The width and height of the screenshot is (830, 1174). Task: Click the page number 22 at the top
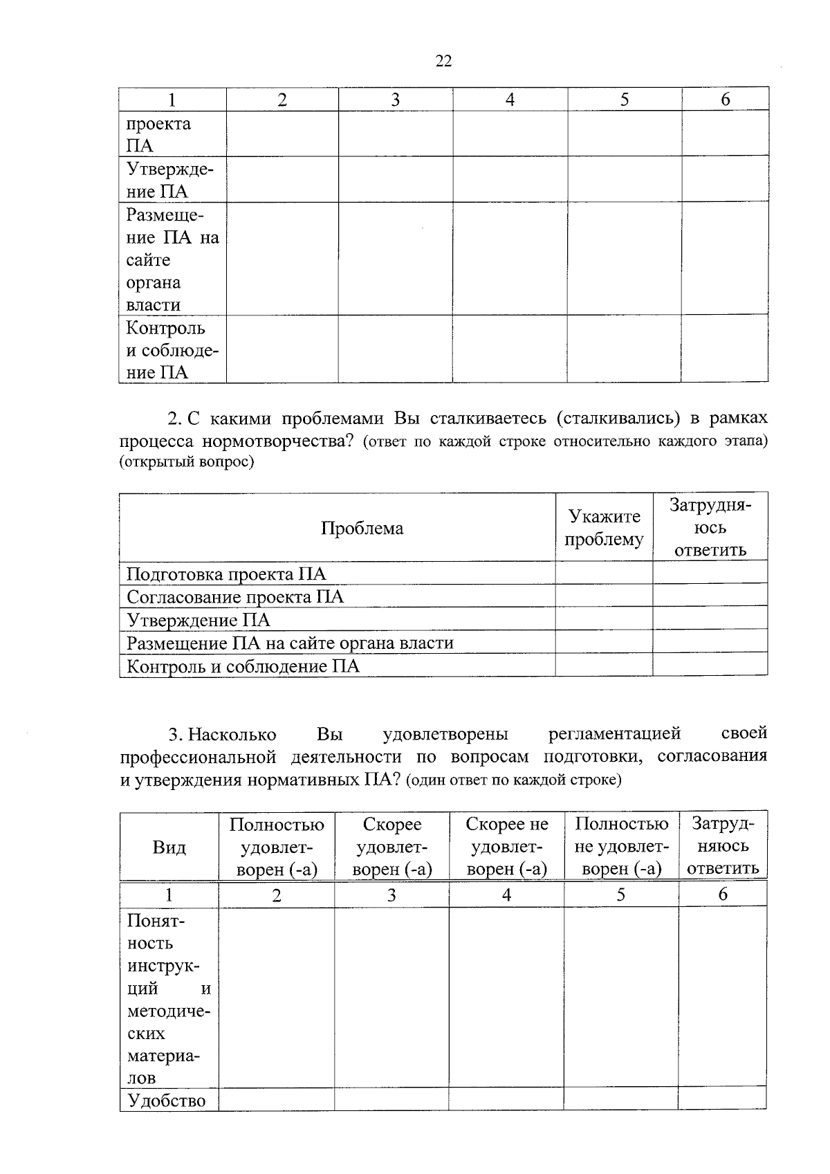click(443, 61)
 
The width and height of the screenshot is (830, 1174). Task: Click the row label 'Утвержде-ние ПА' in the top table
click(169, 180)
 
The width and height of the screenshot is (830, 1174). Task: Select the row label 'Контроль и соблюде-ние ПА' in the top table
click(172, 350)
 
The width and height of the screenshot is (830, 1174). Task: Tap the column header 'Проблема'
click(362, 529)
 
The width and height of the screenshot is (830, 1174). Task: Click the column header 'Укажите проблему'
click(604, 528)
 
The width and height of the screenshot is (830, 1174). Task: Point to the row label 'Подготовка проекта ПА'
click(226, 574)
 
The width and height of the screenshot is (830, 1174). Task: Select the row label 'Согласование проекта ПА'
click(235, 597)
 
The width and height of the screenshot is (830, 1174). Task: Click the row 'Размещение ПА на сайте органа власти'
click(290, 643)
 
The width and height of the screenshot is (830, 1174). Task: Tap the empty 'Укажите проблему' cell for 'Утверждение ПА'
click(604, 619)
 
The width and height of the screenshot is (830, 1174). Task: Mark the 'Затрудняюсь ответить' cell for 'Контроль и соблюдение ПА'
click(710, 666)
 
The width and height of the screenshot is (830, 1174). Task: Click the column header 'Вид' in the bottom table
click(169, 847)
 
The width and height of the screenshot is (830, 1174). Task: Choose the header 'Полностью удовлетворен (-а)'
click(277, 847)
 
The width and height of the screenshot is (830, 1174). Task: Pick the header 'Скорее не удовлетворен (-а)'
click(506, 847)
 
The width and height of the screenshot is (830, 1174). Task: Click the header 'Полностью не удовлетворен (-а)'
click(621, 847)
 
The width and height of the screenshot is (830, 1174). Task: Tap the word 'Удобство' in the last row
click(166, 1101)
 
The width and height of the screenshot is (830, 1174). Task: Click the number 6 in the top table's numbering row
click(725, 100)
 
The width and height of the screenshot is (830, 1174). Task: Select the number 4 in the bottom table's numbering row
click(506, 895)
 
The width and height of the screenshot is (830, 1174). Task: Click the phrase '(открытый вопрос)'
click(187, 462)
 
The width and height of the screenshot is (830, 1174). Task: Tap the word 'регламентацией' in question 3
click(614, 733)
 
